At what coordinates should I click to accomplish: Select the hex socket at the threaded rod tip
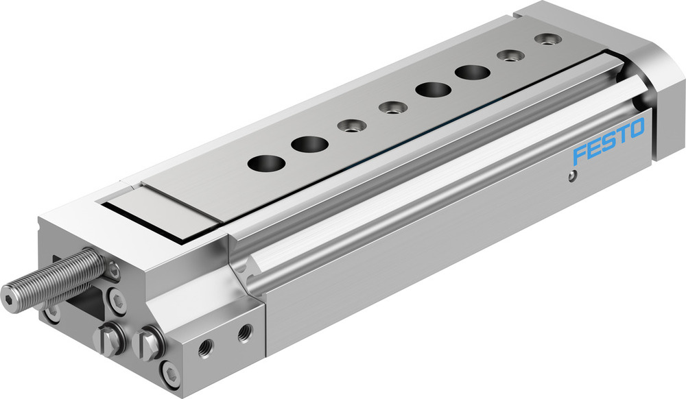[x=8, y=299]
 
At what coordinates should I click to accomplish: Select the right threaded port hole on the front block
[x=244, y=334]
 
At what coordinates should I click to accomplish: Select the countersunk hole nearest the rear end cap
[x=546, y=40]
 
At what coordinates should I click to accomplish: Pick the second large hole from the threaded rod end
[x=309, y=144]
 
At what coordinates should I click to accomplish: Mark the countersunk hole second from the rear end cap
[x=510, y=56]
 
